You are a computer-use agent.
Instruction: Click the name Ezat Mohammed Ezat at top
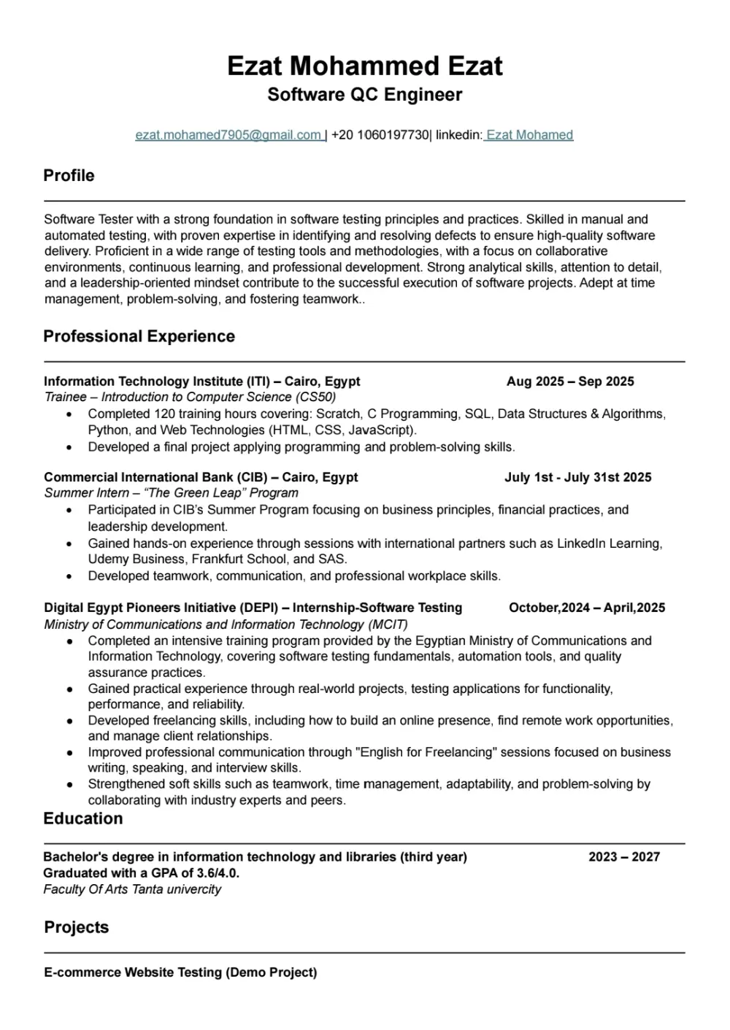[364, 66]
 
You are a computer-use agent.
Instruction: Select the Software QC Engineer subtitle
[364, 95]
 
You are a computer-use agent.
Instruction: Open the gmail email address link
[229, 135]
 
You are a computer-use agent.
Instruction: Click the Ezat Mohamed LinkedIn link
[529, 135]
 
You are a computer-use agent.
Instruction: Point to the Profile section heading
[69, 176]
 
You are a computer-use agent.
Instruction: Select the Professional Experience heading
[139, 336]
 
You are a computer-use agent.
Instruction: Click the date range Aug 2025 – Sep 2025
[570, 382]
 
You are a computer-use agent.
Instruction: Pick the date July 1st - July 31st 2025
[577, 478]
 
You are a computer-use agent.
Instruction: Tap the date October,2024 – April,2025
[586, 608]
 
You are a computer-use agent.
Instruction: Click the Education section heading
[82, 818]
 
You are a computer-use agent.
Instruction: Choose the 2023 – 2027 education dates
[623, 857]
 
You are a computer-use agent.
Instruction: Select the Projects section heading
[76, 927]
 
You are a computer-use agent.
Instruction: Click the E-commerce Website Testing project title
[180, 972]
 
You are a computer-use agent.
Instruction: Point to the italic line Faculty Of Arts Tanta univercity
[132, 889]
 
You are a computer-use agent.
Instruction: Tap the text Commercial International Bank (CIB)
[155, 478]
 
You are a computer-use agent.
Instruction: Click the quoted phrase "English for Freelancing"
[415, 752]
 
